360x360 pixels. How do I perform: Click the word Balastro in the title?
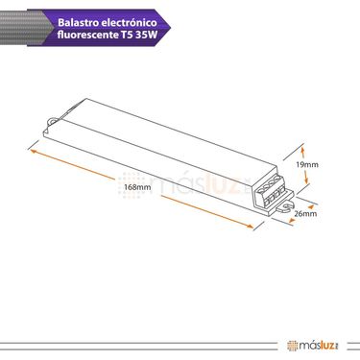click(77, 23)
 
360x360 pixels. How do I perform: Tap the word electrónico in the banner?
click(129, 23)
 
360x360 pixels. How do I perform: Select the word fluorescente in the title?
click(88, 35)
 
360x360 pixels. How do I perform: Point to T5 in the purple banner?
click(127, 35)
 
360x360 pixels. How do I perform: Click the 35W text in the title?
click(147, 35)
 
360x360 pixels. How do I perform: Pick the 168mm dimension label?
click(139, 187)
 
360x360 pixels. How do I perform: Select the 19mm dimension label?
click(307, 165)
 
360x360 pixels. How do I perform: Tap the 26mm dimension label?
click(305, 213)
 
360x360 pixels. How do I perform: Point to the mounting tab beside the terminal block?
click(285, 207)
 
